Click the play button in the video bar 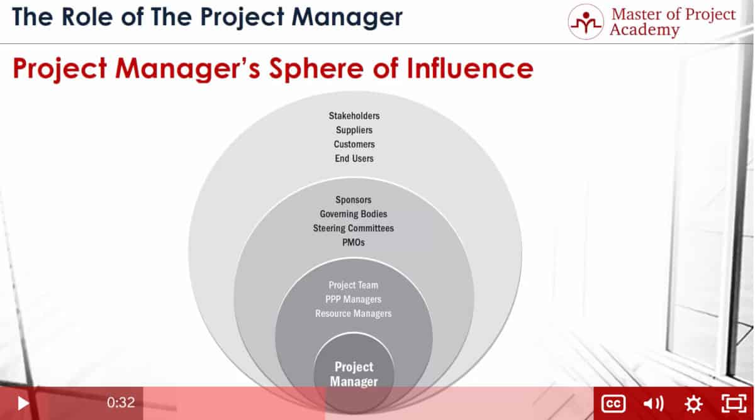point(23,403)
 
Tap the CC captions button point(613,404)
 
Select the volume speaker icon point(653,404)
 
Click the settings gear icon point(693,404)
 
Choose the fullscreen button point(734,404)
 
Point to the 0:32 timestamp point(121,402)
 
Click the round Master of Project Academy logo point(586,22)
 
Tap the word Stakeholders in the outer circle point(354,116)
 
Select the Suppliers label point(354,130)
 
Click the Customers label point(354,144)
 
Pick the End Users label point(354,158)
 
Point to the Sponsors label point(354,200)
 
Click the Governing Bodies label point(354,214)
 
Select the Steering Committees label point(354,228)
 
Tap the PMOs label point(354,242)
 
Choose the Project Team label point(354,285)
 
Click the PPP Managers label point(354,299)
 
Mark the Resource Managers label point(354,313)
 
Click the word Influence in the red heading point(470,69)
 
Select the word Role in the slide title point(87,17)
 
